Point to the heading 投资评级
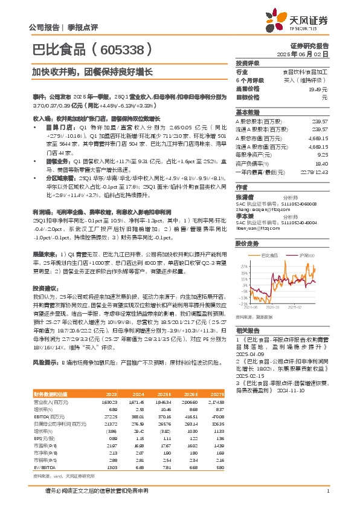(248, 63)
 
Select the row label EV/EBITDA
(43, 467)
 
